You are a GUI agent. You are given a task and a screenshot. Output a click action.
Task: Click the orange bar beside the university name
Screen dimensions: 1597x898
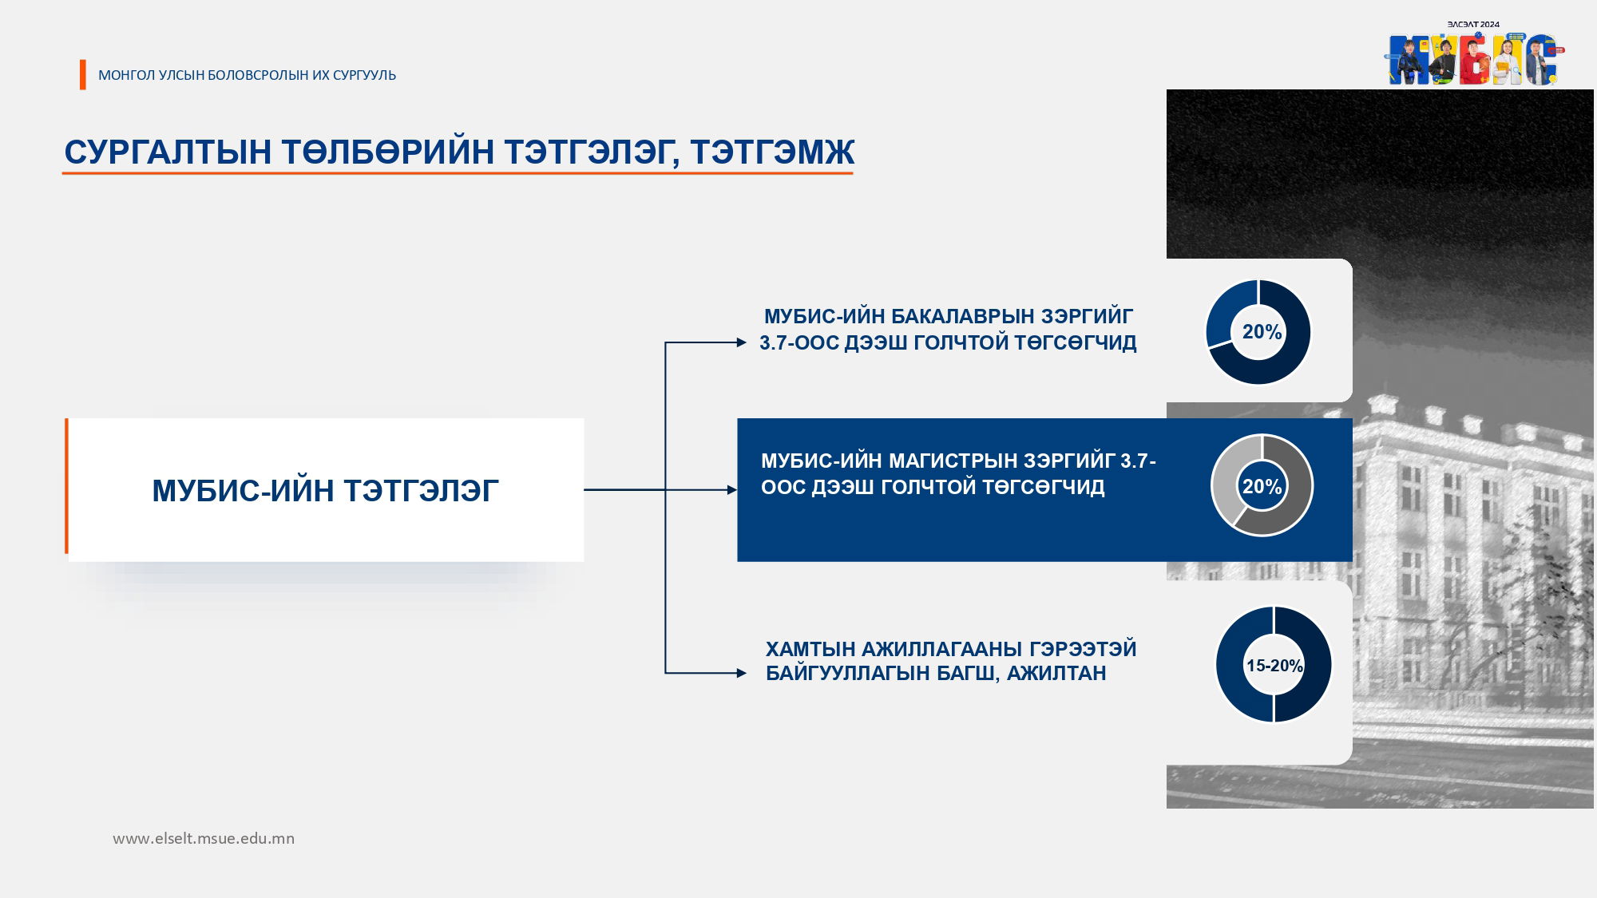pyautogui.click(x=83, y=74)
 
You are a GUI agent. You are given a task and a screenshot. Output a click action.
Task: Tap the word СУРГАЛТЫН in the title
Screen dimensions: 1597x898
pyautogui.click(x=168, y=152)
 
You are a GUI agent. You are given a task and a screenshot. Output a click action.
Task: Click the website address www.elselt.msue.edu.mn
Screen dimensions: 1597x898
pyautogui.click(x=204, y=838)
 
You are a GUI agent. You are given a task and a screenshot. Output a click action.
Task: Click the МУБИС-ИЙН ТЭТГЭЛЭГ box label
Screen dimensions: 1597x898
pyautogui.click(x=325, y=490)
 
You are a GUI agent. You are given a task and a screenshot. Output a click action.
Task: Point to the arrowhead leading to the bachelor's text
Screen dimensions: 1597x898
pyautogui.click(x=741, y=342)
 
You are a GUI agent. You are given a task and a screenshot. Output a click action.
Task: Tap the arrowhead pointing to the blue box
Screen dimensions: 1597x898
pyautogui.click(x=732, y=489)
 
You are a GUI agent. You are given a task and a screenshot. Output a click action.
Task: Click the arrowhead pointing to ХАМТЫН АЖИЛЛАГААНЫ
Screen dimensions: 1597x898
pyautogui.click(x=741, y=673)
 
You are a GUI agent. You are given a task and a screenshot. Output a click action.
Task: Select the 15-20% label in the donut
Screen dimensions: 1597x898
pyautogui.click(x=1274, y=665)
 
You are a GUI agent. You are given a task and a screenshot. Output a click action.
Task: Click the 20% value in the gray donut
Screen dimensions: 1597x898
pyautogui.click(x=1262, y=485)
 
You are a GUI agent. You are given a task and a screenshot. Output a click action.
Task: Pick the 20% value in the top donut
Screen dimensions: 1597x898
pyautogui.click(x=1262, y=331)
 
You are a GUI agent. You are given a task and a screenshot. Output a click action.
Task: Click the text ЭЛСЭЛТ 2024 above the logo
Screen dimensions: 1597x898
pyautogui.click(x=1474, y=25)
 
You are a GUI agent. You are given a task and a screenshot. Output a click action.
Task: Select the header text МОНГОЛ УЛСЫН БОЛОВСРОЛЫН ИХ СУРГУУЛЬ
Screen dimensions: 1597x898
pyautogui.click(x=247, y=75)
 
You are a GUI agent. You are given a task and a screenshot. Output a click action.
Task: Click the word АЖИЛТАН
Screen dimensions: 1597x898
pyautogui.click(x=1056, y=673)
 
